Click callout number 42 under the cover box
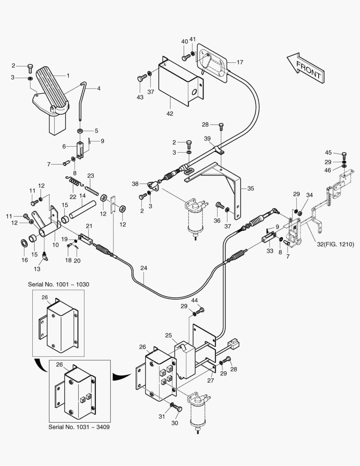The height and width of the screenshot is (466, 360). tap(170, 113)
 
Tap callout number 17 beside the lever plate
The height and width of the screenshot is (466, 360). tap(240, 62)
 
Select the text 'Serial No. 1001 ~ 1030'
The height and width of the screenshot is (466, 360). tap(59, 284)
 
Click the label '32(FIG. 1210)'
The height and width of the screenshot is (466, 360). tap(336, 245)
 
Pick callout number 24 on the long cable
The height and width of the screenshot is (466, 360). tap(144, 268)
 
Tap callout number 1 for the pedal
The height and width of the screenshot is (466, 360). tap(68, 75)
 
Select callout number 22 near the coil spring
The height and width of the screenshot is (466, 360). tap(73, 196)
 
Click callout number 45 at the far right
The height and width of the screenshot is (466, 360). tap(329, 153)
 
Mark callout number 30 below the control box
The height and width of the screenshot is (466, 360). tap(174, 423)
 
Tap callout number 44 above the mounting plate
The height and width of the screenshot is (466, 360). tap(195, 300)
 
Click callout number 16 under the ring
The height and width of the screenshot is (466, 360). tap(25, 260)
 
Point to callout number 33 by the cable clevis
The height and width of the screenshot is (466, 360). tap(270, 250)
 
